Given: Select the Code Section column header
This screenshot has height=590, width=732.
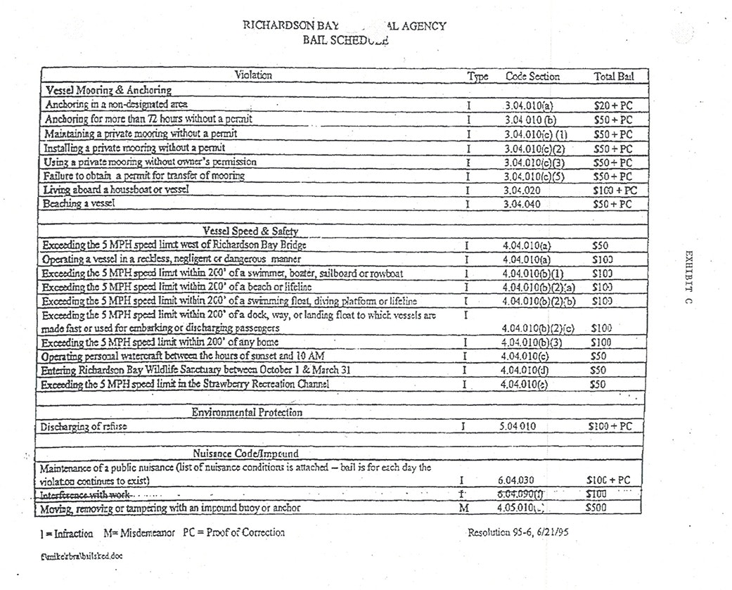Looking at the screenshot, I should pos(532,77).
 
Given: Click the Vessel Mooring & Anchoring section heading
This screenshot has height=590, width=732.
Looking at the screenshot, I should pos(108,90).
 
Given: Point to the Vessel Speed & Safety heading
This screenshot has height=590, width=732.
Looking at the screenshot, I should pos(250,231).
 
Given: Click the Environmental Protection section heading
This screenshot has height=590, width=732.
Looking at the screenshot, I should pos(247,412).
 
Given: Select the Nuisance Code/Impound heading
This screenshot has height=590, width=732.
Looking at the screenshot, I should pos(246,454).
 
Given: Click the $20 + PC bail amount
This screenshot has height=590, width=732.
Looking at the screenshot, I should pos(612,105).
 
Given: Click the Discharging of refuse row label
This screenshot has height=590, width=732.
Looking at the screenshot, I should pos(84,426).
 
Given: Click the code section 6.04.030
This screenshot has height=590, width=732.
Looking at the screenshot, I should pos(524,480).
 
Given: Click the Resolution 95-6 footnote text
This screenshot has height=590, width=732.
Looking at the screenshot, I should pos(518,532).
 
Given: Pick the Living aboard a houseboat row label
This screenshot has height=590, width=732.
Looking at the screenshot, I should pos(117,189).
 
